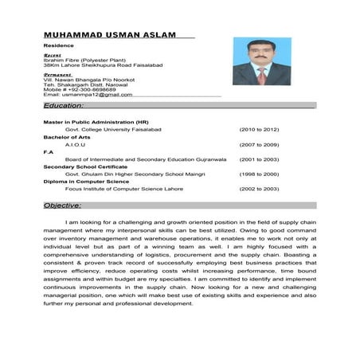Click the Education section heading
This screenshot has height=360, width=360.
[65, 105]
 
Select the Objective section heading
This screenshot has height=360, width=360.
[63, 205]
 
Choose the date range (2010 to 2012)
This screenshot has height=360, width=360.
[259, 128]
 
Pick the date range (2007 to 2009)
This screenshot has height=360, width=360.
[259, 144]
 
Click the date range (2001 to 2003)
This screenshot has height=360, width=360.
[259, 158]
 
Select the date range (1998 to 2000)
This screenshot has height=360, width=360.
[259, 174]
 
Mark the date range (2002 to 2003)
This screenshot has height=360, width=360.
[259, 189]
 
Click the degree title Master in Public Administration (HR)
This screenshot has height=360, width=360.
[96, 121]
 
